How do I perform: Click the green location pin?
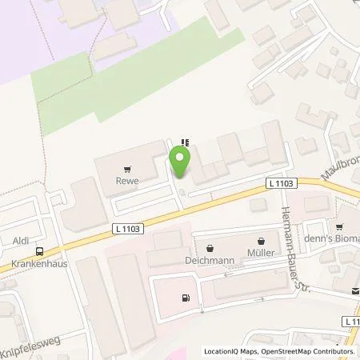(x=180, y=162)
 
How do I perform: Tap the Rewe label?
(x=126, y=181)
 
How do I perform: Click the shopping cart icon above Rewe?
(x=126, y=169)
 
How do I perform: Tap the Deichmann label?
(x=210, y=261)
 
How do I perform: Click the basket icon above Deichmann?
(x=210, y=248)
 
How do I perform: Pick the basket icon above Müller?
(x=262, y=240)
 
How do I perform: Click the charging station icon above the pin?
(x=186, y=142)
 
